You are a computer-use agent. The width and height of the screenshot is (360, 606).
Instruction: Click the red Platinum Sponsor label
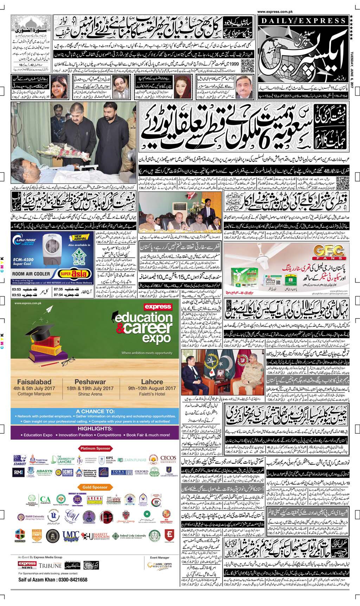(96, 448)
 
